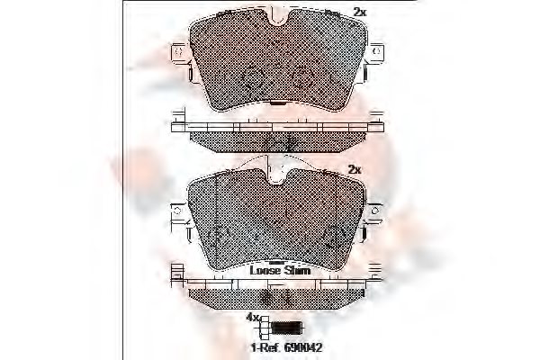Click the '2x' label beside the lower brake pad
coord(354,169)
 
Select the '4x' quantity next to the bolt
coord(253,319)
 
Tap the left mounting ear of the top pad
coord(179,54)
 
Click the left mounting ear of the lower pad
coord(179,214)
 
